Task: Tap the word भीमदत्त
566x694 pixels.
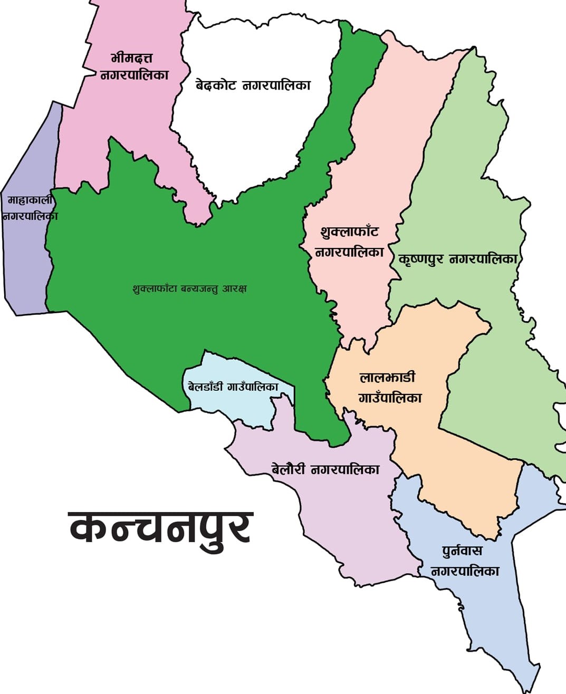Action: pos(132,57)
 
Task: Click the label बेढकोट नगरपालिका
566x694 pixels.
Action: pos(253,85)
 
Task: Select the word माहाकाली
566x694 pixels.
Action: pos(30,200)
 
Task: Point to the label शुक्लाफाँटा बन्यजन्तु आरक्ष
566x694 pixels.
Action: pos(190,289)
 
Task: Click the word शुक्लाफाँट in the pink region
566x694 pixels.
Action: pos(349,232)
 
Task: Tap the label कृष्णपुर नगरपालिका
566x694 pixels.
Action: pos(458,259)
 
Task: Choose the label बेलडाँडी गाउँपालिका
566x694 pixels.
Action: pos(233,387)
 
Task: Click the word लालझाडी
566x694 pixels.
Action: pos(388,378)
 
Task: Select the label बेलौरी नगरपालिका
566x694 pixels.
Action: pos(325,469)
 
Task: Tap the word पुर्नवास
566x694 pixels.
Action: pos(462,551)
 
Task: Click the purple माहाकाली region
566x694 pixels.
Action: pos(26,264)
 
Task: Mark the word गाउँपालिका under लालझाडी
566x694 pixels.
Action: pos(390,398)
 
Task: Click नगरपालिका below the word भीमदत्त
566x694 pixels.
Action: pos(135,75)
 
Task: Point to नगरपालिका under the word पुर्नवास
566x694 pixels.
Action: pos(465,571)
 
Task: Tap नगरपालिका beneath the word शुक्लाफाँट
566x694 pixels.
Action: pos(349,252)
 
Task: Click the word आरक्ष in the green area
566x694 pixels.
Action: pos(235,289)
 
